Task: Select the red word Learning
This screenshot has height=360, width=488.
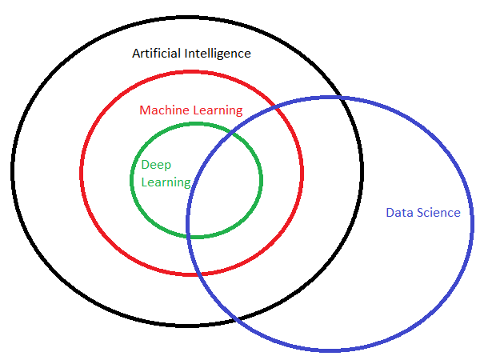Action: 218,110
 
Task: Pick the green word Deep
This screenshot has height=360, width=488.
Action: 155,164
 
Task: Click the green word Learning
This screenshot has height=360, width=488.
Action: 166,182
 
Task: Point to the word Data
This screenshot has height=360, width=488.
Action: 399,212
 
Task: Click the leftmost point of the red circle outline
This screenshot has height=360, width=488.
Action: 82,173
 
